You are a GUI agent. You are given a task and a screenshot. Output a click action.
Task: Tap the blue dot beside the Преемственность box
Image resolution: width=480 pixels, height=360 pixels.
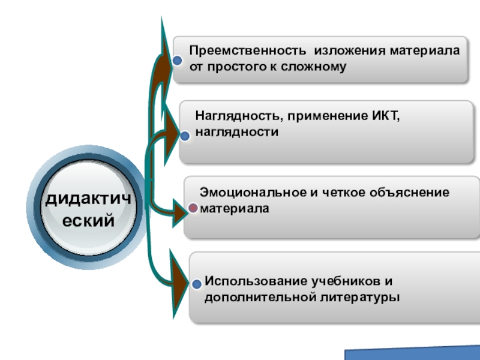(x=177, y=61)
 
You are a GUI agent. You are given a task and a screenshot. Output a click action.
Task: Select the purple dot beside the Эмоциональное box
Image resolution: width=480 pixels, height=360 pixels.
(x=193, y=208)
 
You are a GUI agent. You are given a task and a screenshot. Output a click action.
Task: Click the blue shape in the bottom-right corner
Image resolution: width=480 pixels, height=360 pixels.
(x=414, y=353)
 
